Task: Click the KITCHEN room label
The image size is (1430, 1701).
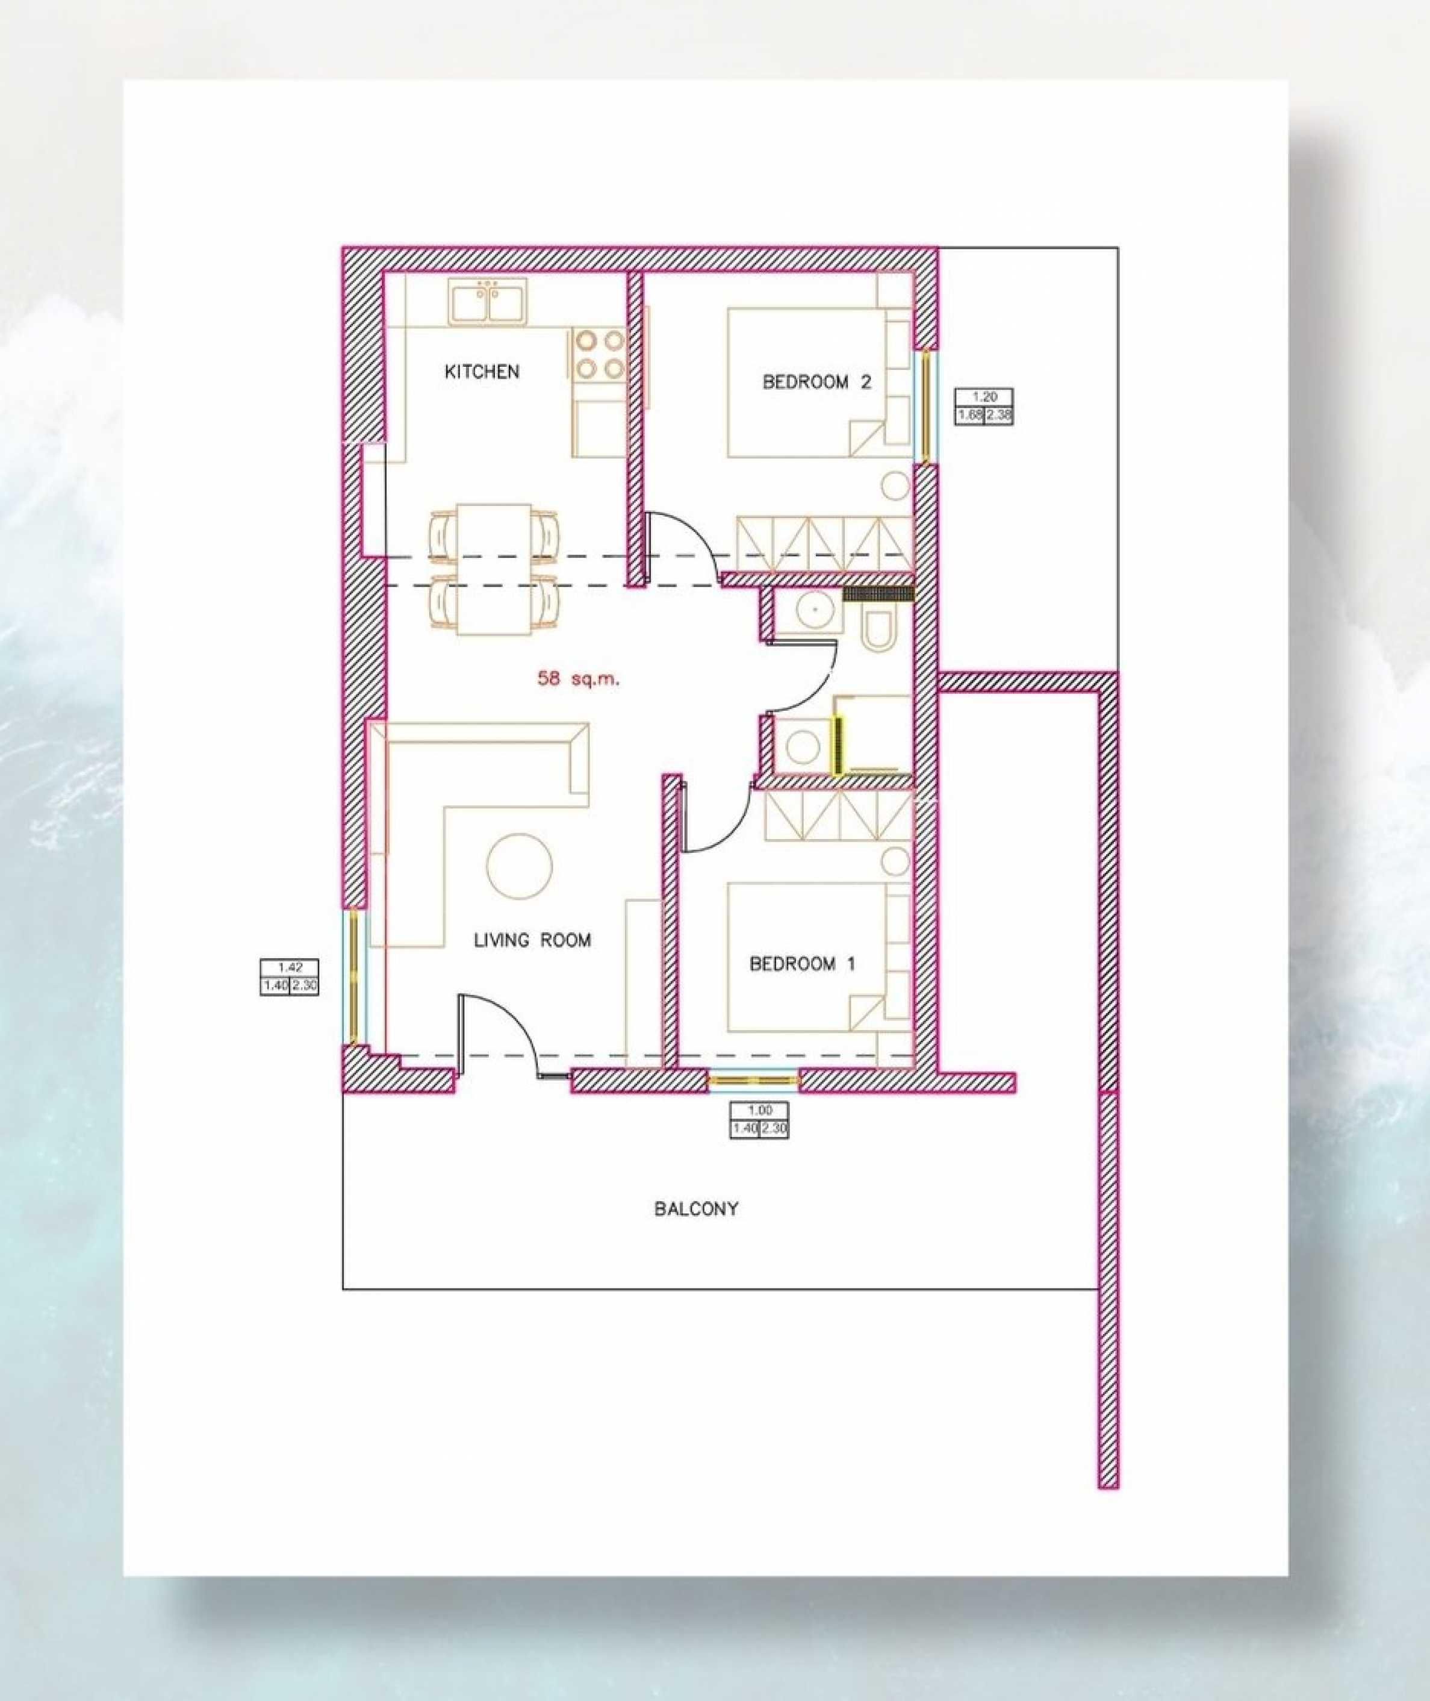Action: pyautogui.click(x=482, y=372)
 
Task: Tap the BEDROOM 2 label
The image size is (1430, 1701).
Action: pyautogui.click(x=816, y=382)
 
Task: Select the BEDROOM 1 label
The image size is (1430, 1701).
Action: pyautogui.click(x=803, y=964)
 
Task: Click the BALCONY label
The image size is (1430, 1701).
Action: pyautogui.click(x=697, y=1209)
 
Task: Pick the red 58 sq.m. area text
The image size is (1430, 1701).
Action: pyautogui.click(x=578, y=679)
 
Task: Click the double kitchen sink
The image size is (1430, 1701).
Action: pyautogui.click(x=487, y=302)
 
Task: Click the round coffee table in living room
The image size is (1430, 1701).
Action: pyautogui.click(x=519, y=866)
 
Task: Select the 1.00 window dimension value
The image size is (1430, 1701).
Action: pyautogui.click(x=760, y=1111)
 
